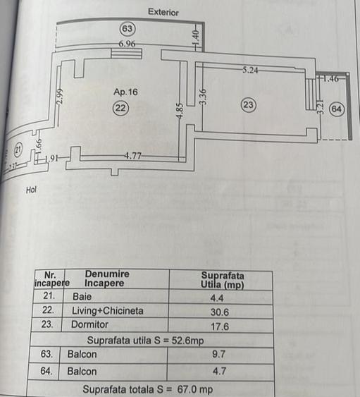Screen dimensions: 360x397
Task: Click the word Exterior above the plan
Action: coord(163,12)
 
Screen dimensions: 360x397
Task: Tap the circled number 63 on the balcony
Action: coord(128,29)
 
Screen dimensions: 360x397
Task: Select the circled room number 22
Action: coord(120,108)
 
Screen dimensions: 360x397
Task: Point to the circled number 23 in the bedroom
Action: coord(249,105)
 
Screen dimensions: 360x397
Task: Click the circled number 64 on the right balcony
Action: coord(337,109)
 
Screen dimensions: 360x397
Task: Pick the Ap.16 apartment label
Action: coord(125,92)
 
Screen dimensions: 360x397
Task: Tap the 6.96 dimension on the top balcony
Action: coord(127,44)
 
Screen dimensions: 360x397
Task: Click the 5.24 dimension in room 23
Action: coord(250,70)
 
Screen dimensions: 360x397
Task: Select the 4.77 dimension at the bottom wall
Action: coord(132,155)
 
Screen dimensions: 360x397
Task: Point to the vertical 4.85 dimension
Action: coord(180,111)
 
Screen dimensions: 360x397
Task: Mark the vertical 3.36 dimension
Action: coord(203,97)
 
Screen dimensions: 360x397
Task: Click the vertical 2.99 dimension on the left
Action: coord(59,97)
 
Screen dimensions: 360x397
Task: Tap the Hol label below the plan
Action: coord(31,190)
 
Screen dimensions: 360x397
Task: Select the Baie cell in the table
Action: coord(82,296)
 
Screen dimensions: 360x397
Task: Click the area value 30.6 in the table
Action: coord(220,312)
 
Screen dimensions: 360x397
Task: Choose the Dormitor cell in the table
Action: coord(89,324)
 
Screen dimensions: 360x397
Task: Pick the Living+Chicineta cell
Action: coord(108,311)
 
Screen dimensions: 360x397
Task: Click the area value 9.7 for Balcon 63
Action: coord(218,354)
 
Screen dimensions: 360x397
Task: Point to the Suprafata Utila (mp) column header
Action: coord(222,280)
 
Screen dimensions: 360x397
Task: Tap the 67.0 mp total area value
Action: coord(195,389)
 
